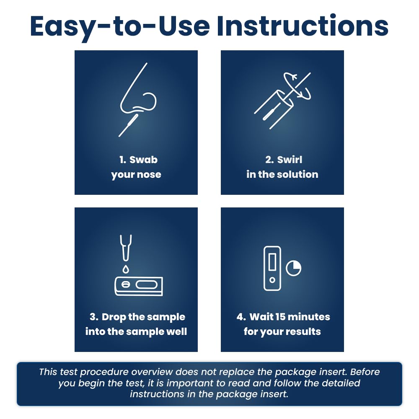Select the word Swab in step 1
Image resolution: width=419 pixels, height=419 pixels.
click(144, 160)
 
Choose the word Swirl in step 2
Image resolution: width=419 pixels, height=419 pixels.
click(290, 160)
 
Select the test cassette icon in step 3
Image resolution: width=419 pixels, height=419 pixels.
click(138, 286)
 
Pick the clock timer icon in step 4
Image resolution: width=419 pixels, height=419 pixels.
click(293, 268)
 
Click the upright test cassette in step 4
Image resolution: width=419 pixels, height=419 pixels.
click(272, 268)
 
